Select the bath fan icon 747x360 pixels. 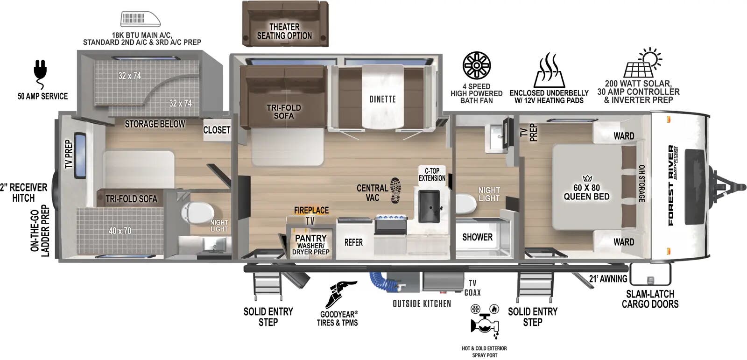476,65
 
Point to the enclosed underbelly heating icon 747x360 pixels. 549,71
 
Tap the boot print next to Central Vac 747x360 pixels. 395,191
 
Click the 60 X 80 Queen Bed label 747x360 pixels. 586,192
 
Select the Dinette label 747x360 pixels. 382,99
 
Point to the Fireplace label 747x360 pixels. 311,211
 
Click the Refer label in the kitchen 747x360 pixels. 353,242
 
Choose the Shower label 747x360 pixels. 477,237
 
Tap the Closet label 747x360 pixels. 217,130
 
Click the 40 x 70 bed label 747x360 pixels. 120,231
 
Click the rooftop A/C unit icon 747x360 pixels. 141,19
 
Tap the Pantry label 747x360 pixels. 310,238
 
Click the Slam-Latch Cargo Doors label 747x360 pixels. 650,299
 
